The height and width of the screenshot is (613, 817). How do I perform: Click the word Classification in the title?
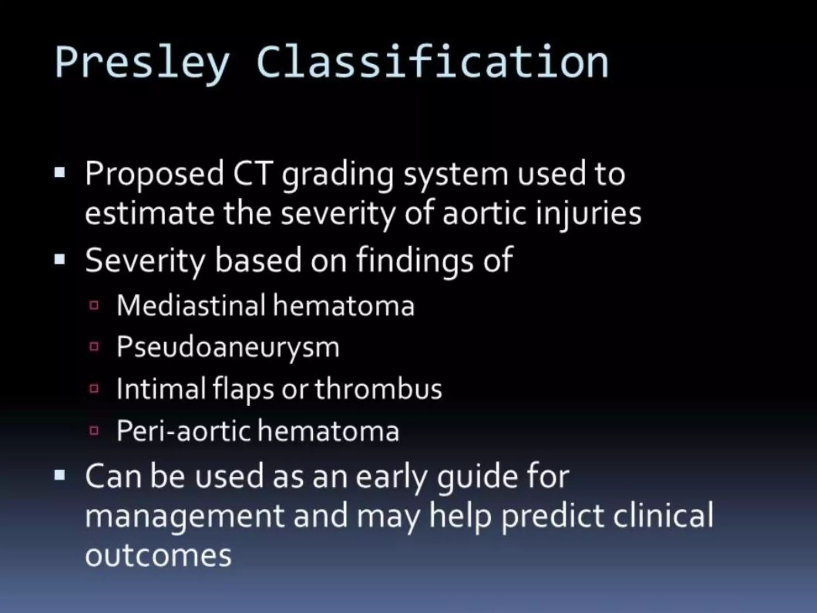432,62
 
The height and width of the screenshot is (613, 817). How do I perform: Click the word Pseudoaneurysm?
228,347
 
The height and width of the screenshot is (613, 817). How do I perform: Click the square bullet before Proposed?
59,173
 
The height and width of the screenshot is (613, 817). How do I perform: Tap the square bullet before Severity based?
59,260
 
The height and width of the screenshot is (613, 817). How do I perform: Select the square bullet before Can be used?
59,475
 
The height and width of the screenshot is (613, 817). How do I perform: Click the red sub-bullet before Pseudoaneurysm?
94,346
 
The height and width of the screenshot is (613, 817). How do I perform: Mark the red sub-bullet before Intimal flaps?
94,388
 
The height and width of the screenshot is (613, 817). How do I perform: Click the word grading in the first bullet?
337,175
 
